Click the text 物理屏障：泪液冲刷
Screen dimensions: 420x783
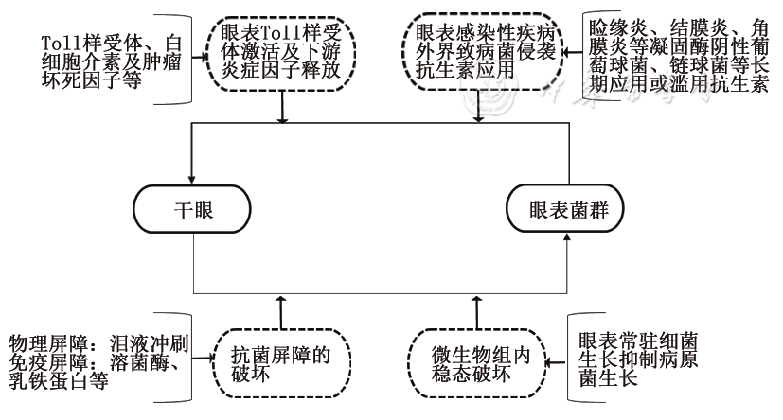click(98, 341)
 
